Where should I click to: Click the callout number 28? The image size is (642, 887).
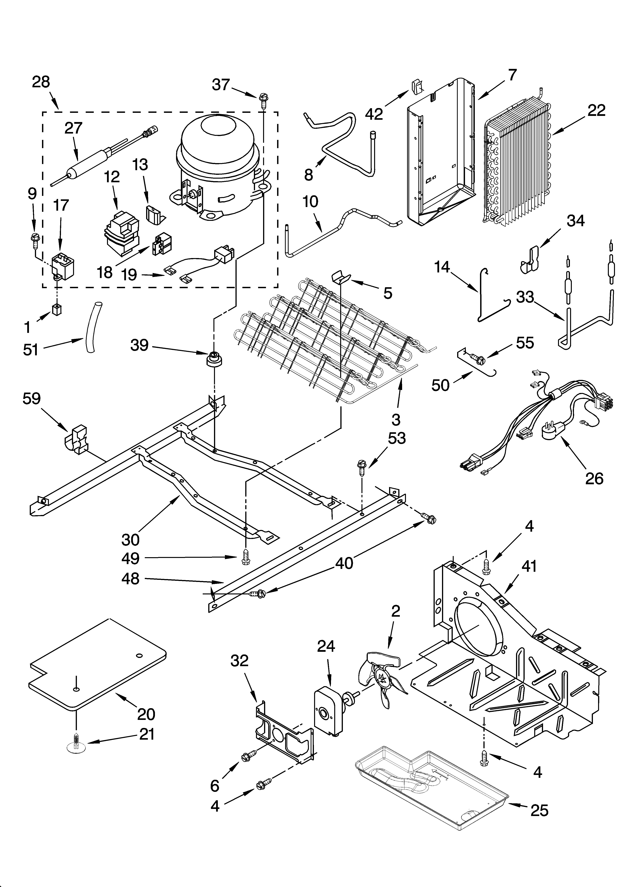[41, 82]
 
